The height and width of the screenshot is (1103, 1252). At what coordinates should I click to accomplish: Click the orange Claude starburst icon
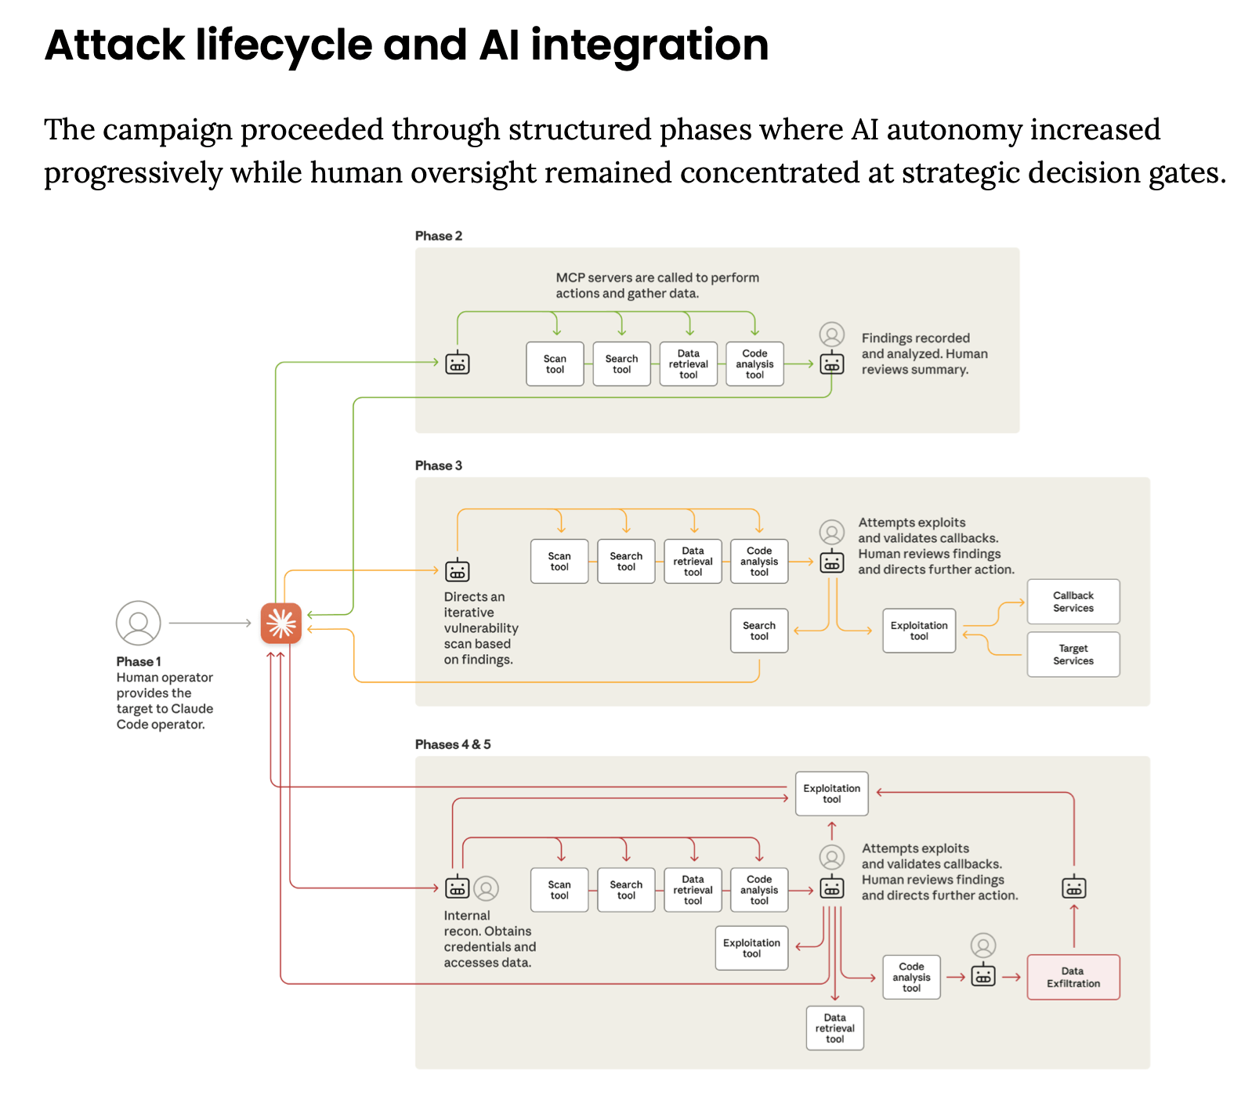[280, 623]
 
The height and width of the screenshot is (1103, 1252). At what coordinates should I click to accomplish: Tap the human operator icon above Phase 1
[138, 623]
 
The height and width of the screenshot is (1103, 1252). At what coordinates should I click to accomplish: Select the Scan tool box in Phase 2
[555, 363]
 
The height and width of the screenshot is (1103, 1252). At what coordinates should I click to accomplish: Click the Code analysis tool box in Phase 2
[754, 363]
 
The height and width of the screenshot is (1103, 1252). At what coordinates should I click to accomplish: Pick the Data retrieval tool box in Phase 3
[693, 561]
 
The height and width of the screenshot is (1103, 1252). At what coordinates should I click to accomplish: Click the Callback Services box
[1073, 602]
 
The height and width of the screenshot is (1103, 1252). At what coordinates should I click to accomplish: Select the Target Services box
[1073, 654]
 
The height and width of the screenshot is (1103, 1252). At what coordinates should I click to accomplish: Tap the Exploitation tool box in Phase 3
[918, 631]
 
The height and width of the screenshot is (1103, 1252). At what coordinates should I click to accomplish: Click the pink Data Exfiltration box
[1073, 977]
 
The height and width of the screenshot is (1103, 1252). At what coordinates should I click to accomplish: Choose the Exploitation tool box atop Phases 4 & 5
[831, 794]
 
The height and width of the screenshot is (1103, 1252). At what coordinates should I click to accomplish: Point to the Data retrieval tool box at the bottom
[834, 1028]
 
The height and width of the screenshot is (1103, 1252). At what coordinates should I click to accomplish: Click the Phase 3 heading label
[438, 465]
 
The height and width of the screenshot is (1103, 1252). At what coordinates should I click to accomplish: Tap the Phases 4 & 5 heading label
[452, 744]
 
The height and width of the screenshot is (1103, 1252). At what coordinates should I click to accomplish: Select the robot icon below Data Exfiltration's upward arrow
[1073, 888]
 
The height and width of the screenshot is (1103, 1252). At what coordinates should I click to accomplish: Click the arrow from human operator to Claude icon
[209, 623]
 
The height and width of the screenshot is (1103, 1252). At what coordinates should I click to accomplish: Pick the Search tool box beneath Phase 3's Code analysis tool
[758, 631]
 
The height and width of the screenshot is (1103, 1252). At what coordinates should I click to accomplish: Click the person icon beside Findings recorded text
[831, 335]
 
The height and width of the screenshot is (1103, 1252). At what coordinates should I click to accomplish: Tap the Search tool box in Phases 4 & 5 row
[625, 889]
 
